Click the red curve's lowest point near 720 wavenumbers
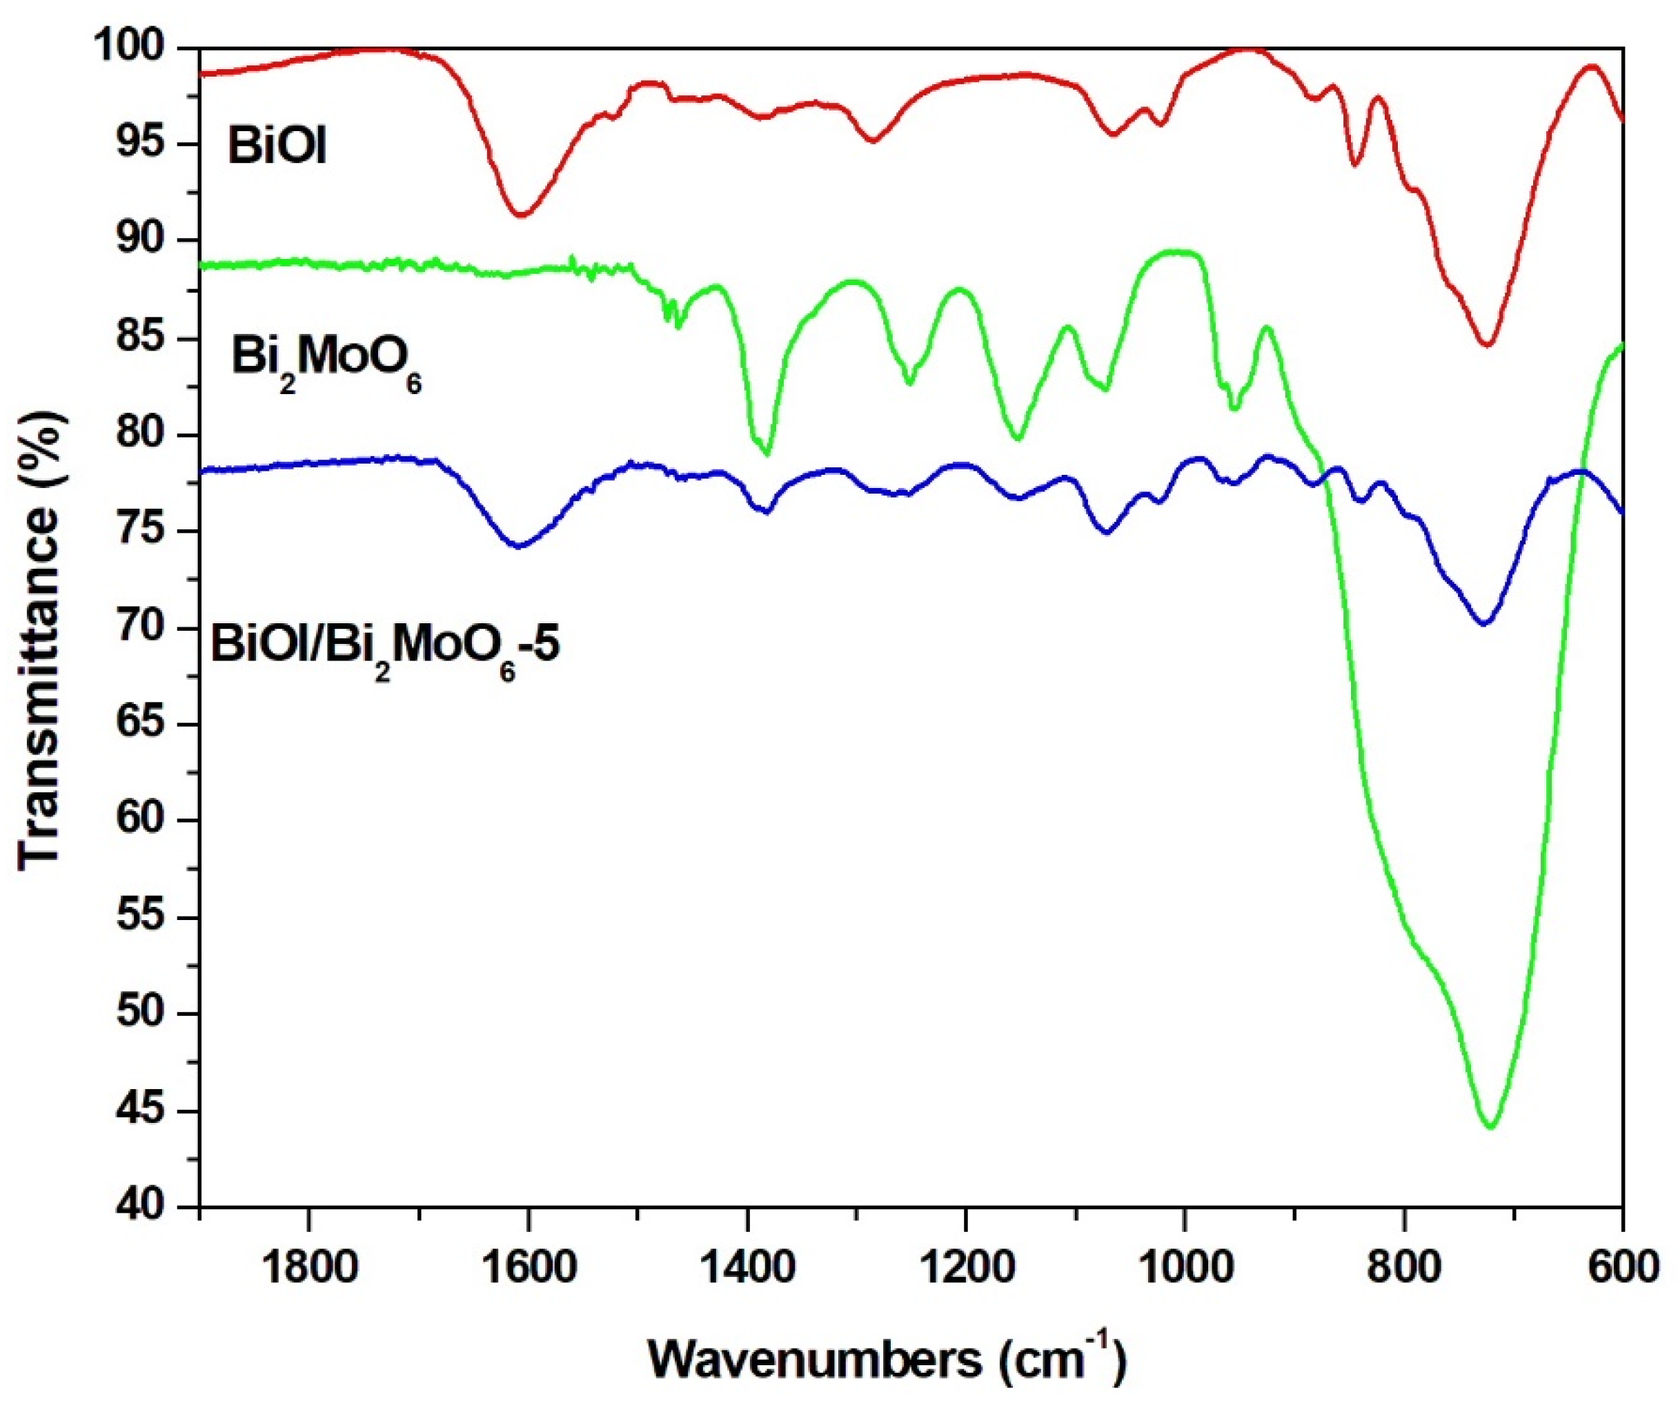[x=1486, y=345]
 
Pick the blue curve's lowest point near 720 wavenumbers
[x=1484, y=624]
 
